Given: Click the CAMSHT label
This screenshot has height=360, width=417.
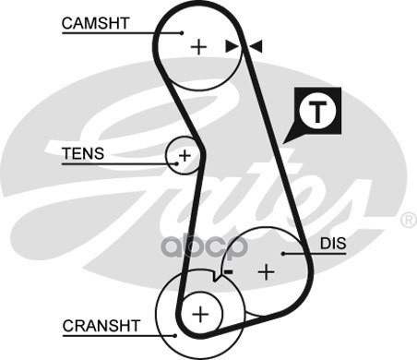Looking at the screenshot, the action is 95,23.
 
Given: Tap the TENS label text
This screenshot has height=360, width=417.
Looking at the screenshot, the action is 83,153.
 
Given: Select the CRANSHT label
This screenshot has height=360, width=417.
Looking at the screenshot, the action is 101,326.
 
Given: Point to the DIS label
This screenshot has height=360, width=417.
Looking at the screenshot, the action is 333,244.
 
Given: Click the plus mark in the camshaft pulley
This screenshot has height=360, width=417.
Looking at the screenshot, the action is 198,47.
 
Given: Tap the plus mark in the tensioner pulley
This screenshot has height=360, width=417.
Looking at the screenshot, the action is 185,156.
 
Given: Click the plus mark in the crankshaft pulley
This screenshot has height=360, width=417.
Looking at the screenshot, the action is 200,314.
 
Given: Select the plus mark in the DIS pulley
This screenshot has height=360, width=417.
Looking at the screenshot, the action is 267,272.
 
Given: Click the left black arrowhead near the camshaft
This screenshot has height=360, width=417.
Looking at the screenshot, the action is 232,46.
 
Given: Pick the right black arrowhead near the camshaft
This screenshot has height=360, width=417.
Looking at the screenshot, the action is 256,46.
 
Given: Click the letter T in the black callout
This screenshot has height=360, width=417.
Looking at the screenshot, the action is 317,112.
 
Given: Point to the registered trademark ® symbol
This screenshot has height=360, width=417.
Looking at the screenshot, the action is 409,221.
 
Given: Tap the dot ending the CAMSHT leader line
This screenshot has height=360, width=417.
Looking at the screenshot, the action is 182,33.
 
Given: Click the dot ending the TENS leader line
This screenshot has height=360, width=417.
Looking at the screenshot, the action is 176,164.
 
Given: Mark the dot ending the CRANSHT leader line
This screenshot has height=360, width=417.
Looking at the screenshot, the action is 175,336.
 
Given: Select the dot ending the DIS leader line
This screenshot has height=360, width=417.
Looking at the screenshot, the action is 283,254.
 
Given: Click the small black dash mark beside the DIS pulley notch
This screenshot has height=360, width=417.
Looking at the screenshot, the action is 229,271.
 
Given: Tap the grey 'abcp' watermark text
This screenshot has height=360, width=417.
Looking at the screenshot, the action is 205,246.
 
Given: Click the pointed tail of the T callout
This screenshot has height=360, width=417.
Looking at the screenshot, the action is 283,143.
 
